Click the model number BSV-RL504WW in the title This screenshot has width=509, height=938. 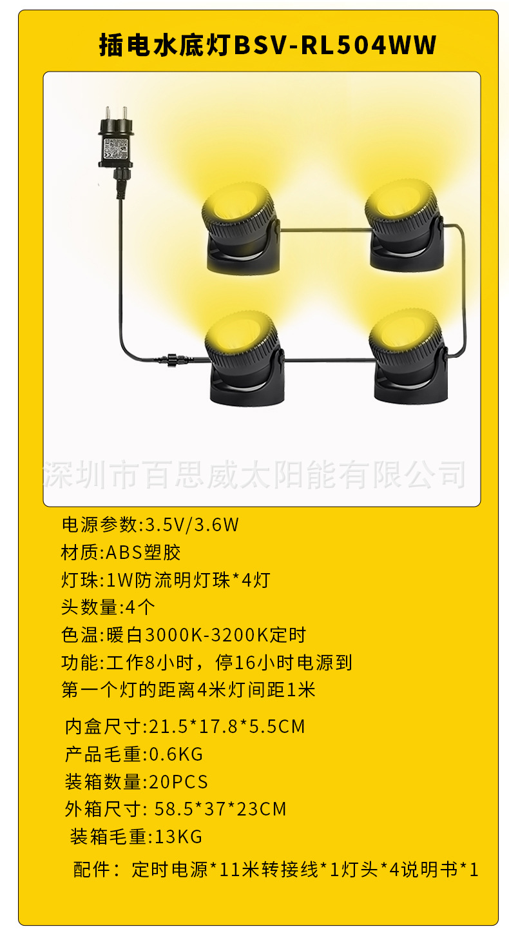point(335,46)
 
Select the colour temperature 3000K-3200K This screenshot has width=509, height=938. point(206,635)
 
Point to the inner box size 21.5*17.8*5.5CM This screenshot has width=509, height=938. point(227,727)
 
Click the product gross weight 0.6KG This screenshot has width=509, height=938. point(176,754)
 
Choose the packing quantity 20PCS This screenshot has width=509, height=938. point(178,782)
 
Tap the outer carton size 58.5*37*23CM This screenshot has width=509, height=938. point(220,808)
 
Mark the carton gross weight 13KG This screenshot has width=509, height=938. point(178,837)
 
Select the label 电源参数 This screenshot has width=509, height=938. point(99,525)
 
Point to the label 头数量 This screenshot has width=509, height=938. point(89,607)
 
